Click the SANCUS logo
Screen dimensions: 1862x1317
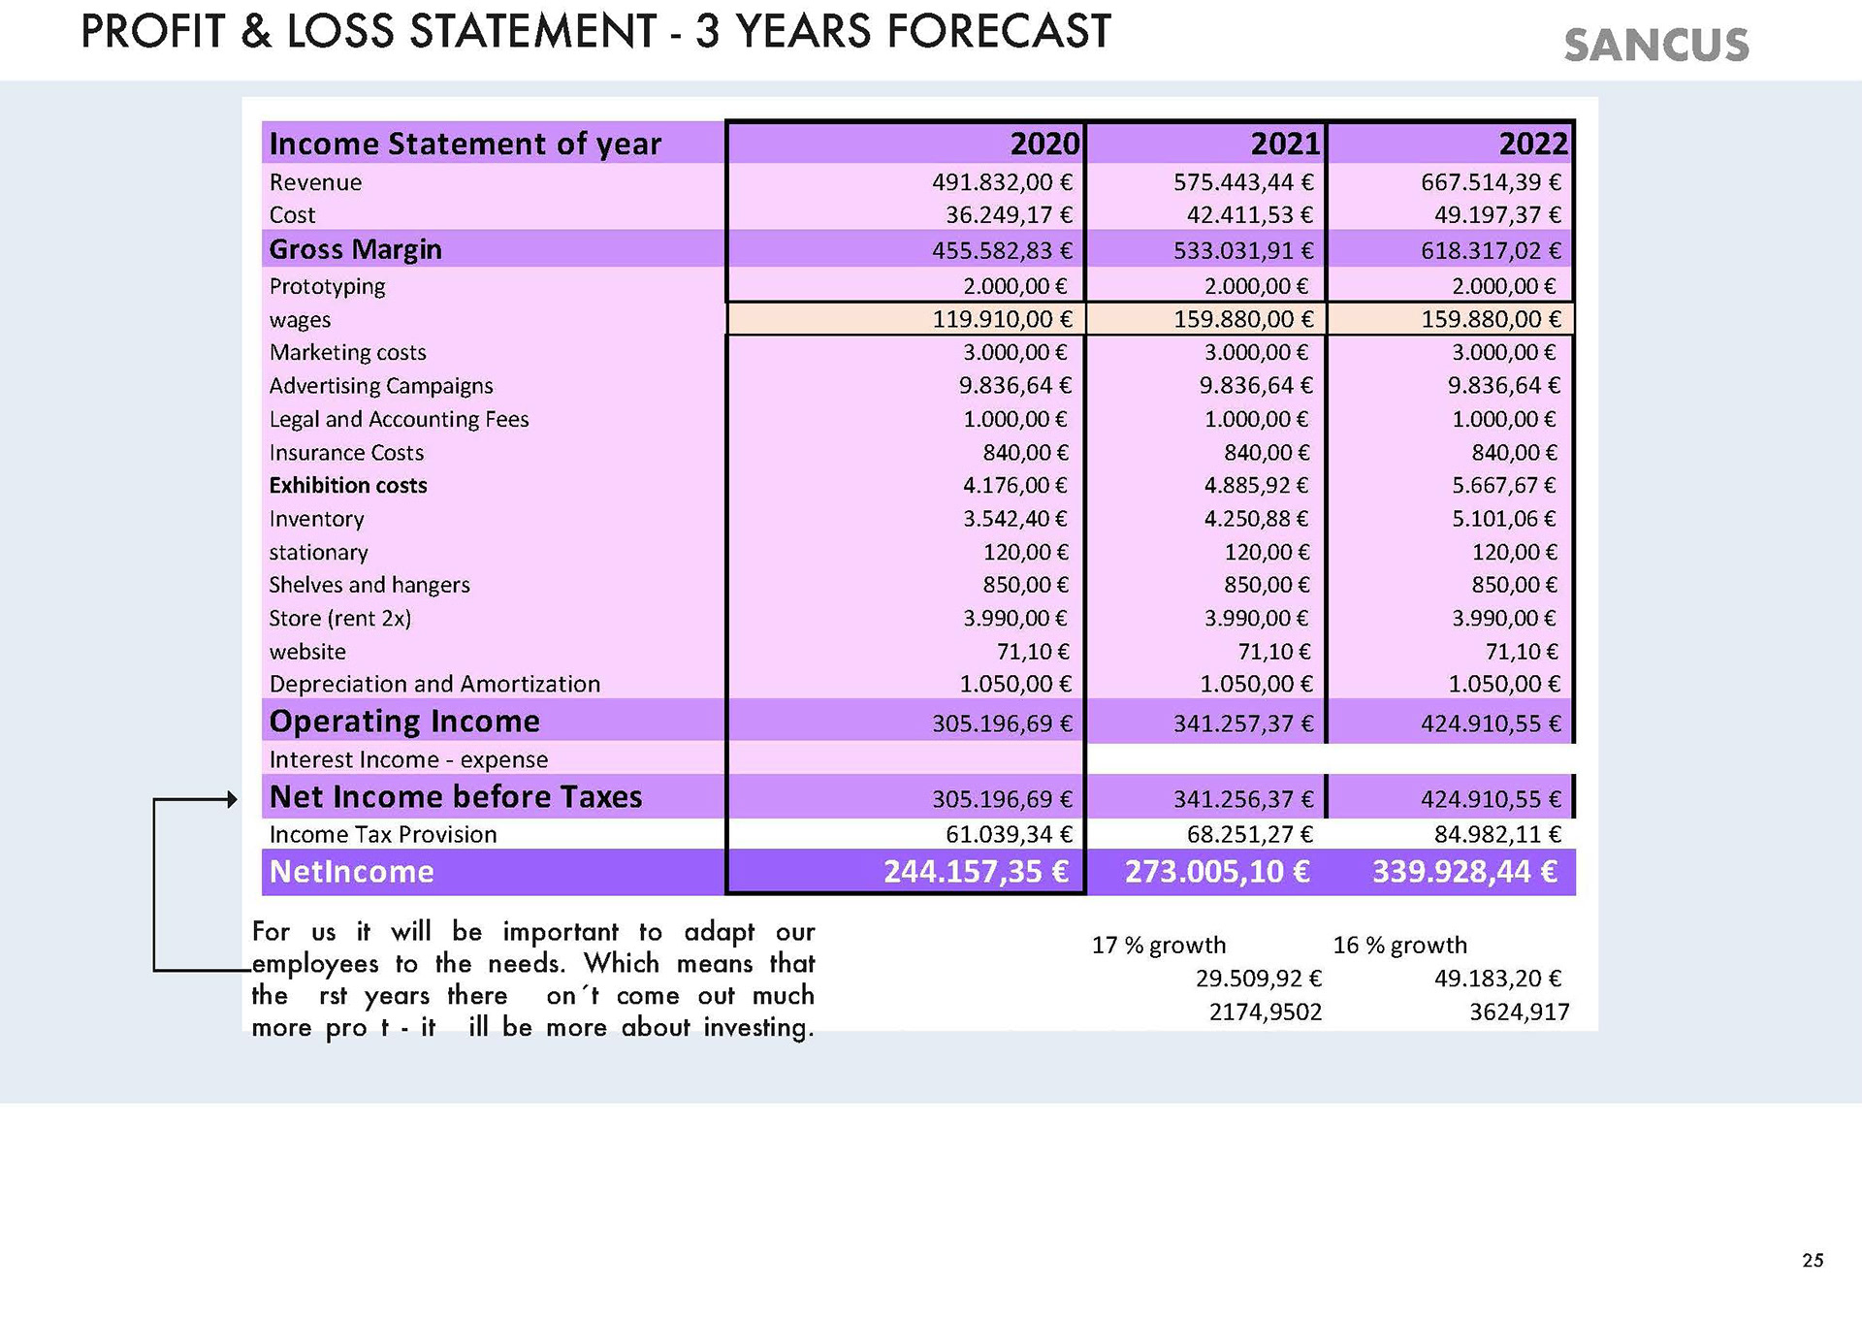tap(1656, 46)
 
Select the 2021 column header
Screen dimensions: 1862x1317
tap(1285, 144)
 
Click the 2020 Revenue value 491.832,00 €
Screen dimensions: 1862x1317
tap(1003, 182)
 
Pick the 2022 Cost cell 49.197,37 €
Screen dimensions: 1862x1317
tap(1497, 215)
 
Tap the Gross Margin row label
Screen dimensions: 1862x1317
tap(355, 250)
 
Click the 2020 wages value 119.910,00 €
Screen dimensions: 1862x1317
tap(1003, 319)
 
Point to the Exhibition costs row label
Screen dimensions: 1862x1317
tap(348, 485)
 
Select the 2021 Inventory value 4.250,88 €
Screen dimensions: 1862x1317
tap(1256, 519)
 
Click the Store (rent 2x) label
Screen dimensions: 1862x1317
tap(340, 619)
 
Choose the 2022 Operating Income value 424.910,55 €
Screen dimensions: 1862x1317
tap(1492, 723)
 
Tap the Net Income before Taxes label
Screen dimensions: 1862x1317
tap(456, 797)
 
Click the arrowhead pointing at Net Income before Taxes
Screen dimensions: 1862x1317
tap(232, 799)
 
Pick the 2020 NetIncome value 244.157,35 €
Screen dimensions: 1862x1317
tap(977, 872)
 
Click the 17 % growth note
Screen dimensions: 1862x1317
tap(1159, 946)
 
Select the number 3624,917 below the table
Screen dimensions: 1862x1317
tap(1519, 1012)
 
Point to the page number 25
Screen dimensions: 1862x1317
tap(1813, 1261)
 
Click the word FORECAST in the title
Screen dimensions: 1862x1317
tap(999, 31)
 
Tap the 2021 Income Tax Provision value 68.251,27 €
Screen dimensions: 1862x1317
tap(1250, 835)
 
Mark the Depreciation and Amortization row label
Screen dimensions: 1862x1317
tap(434, 685)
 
